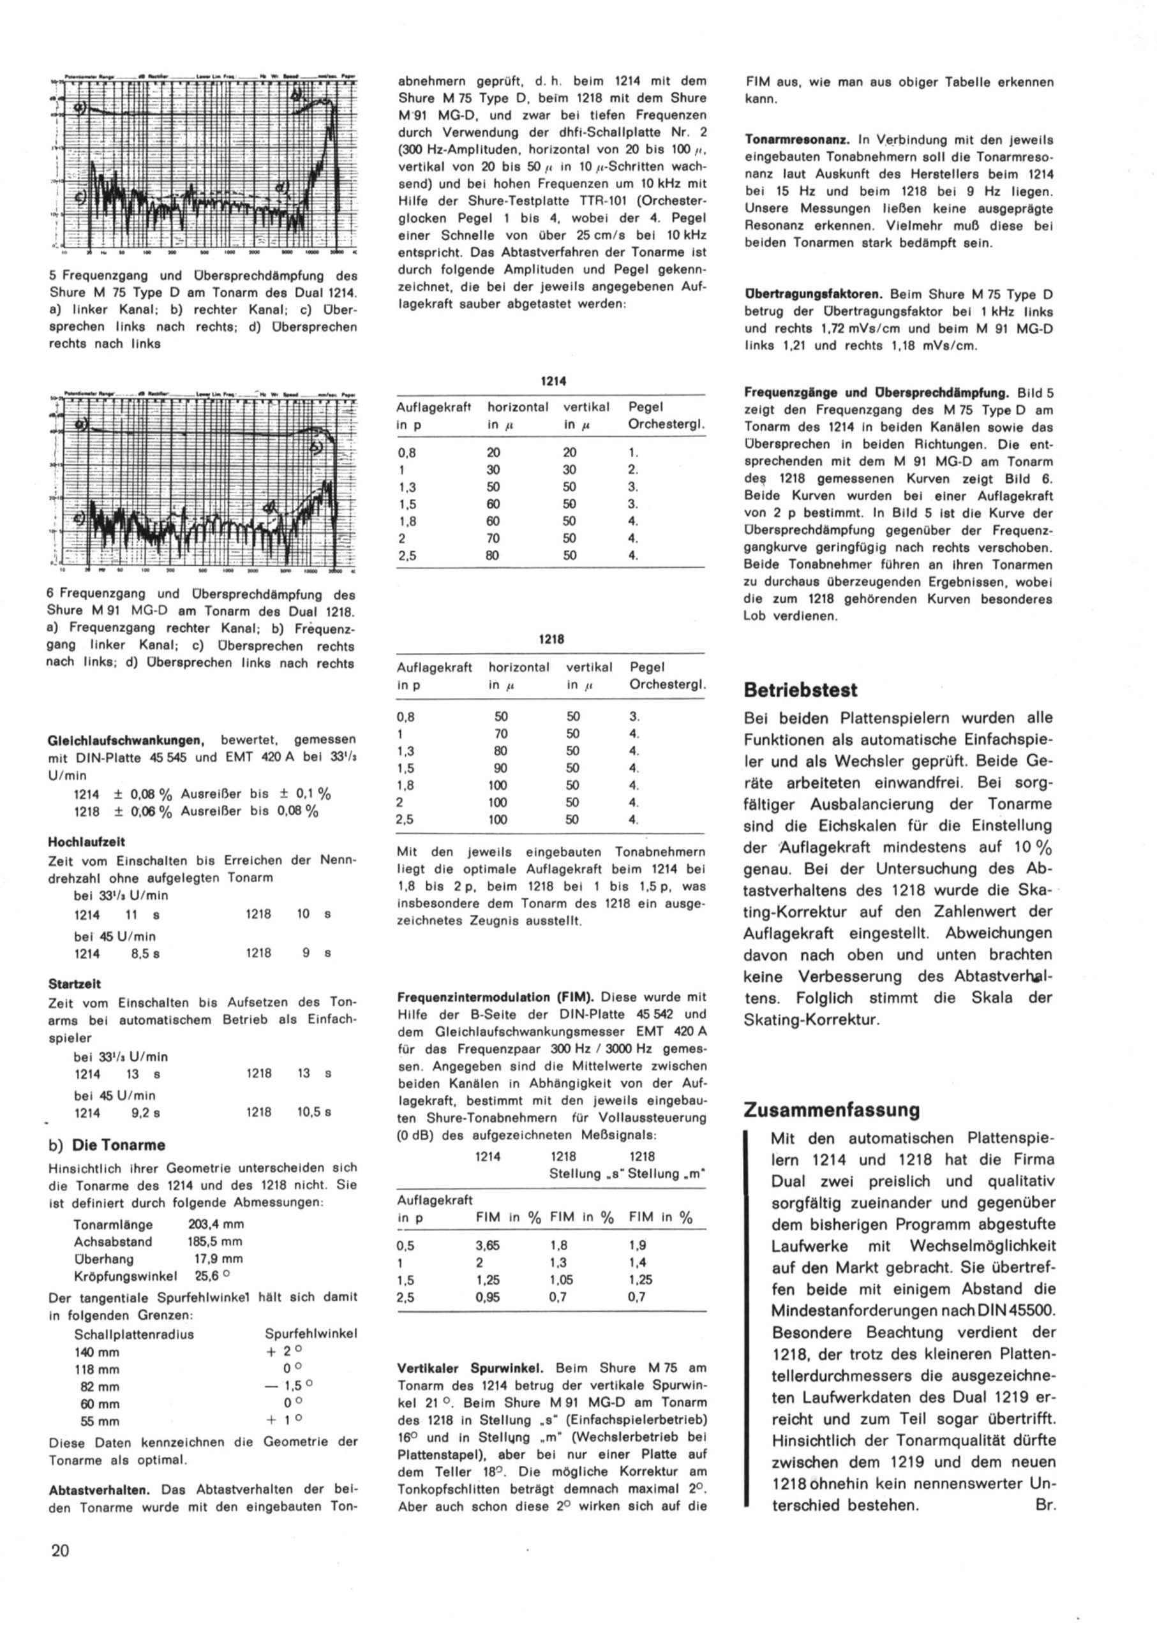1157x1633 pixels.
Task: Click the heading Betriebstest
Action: [x=800, y=690]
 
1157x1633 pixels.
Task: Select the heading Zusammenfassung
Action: [x=832, y=1109]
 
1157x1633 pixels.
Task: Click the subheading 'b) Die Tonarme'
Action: [x=107, y=1145]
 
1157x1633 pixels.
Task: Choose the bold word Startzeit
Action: [x=75, y=984]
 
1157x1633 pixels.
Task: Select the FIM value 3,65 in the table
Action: [x=488, y=1246]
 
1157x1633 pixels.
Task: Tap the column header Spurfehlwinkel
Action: [x=311, y=1333]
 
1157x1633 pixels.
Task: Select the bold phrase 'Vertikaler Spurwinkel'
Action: [x=470, y=1368]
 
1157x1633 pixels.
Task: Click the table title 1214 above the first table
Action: [x=553, y=381]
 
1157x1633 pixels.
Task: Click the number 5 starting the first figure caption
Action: [x=53, y=275]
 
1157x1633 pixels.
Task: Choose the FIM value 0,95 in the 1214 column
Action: [x=488, y=1297]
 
